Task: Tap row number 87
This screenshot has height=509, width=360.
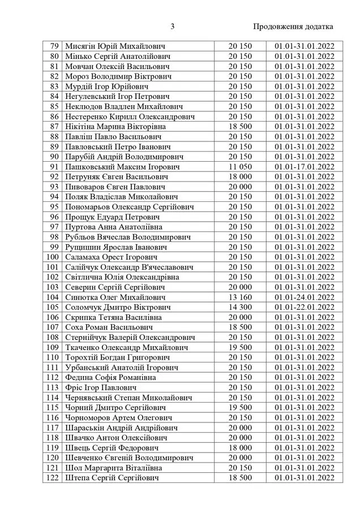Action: (54, 126)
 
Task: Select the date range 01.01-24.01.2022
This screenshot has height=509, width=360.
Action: (305, 297)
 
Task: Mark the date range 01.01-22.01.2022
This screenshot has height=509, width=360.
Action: (305, 307)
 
